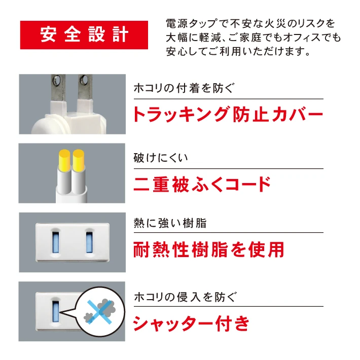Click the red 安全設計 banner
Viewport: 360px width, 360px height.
(84, 35)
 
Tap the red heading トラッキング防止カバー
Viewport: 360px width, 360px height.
(229, 114)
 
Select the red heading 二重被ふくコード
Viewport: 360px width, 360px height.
(202, 184)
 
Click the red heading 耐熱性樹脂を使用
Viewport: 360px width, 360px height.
(209, 249)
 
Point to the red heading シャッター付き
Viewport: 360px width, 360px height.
(191, 323)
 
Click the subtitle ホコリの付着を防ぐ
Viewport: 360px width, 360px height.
(184, 88)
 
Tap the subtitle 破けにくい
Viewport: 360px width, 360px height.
(161, 158)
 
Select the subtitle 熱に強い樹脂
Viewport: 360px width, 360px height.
(170, 223)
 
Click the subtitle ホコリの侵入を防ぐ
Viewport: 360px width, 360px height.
(185, 297)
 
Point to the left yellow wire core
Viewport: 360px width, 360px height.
(64, 161)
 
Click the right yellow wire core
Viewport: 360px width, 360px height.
(79, 161)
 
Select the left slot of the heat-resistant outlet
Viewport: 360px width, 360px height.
(56, 242)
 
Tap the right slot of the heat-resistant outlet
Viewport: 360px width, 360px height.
(89, 242)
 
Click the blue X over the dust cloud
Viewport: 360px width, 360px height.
(99, 312)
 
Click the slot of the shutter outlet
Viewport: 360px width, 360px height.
(56, 311)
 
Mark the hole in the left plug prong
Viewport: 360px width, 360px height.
(56, 80)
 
